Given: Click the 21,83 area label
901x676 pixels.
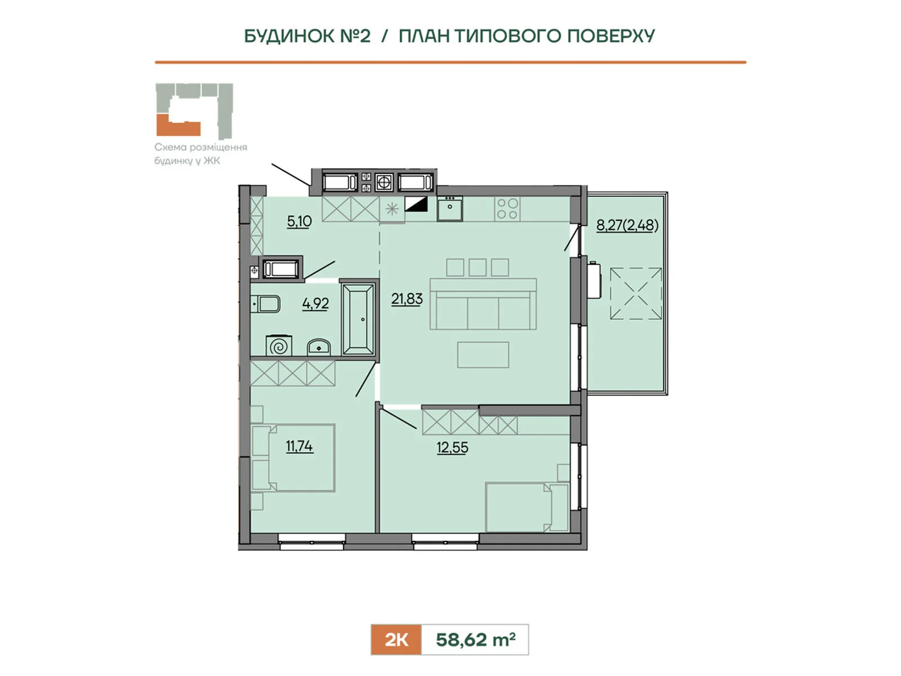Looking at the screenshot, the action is pyautogui.click(x=407, y=299).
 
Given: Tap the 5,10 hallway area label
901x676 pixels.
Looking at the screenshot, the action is pyautogui.click(x=299, y=221).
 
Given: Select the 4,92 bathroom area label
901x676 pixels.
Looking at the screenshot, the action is pyautogui.click(x=315, y=304).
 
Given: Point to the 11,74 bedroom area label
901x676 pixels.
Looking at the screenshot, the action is pyautogui.click(x=299, y=446).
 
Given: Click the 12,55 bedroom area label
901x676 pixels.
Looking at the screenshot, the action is pyautogui.click(x=452, y=447).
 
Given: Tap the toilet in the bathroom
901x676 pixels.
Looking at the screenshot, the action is pyautogui.click(x=266, y=305).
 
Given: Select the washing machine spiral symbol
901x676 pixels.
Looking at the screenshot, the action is pyautogui.click(x=279, y=346).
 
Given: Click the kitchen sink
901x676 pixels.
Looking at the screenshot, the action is pyautogui.click(x=449, y=209).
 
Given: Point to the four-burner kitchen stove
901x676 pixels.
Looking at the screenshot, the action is pyautogui.click(x=507, y=208).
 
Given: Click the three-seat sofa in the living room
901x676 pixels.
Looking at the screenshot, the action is pyautogui.click(x=483, y=304).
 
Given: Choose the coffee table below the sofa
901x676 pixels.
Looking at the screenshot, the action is pyautogui.click(x=483, y=355).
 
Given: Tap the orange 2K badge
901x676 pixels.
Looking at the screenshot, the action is pyautogui.click(x=396, y=640).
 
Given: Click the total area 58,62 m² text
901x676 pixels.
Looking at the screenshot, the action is pyautogui.click(x=476, y=639).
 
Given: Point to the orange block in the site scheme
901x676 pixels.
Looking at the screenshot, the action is pyautogui.click(x=178, y=126).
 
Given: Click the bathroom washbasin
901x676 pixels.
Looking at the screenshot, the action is pyautogui.click(x=319, y=347).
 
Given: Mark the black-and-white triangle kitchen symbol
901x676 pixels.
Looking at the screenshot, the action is pyautogui.click(x=416, y=204).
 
